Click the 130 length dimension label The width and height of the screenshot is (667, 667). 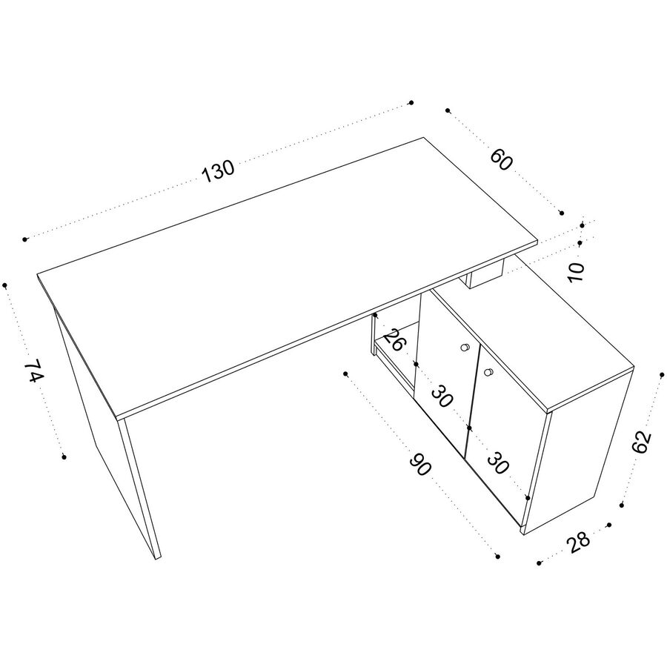click(217, 171)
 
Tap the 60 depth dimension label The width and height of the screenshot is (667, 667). click(502, 159)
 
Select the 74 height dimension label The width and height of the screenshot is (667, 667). click(33, 371)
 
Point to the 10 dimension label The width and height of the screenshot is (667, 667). click(577, 272)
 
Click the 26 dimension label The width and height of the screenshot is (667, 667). click(394, 339)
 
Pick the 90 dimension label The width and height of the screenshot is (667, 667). click(420, 465)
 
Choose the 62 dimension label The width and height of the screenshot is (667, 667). click(642, 442)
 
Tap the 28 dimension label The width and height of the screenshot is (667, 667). click(578, 542)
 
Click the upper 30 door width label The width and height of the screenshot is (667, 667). click(442, 396)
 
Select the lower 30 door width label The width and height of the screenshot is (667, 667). click(498, 463)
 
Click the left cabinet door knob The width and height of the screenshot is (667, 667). click(465, 348)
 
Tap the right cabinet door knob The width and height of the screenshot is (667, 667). click(489, 372)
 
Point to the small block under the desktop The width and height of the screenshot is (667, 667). click(485, 275)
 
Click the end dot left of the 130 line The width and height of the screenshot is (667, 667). click(24, 239)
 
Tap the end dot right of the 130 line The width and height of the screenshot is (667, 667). click(411, 102)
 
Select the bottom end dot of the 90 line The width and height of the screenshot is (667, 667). click(498, 557)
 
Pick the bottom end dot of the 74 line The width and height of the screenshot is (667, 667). click(64, 457)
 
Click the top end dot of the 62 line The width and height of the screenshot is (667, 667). click(662, 374)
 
